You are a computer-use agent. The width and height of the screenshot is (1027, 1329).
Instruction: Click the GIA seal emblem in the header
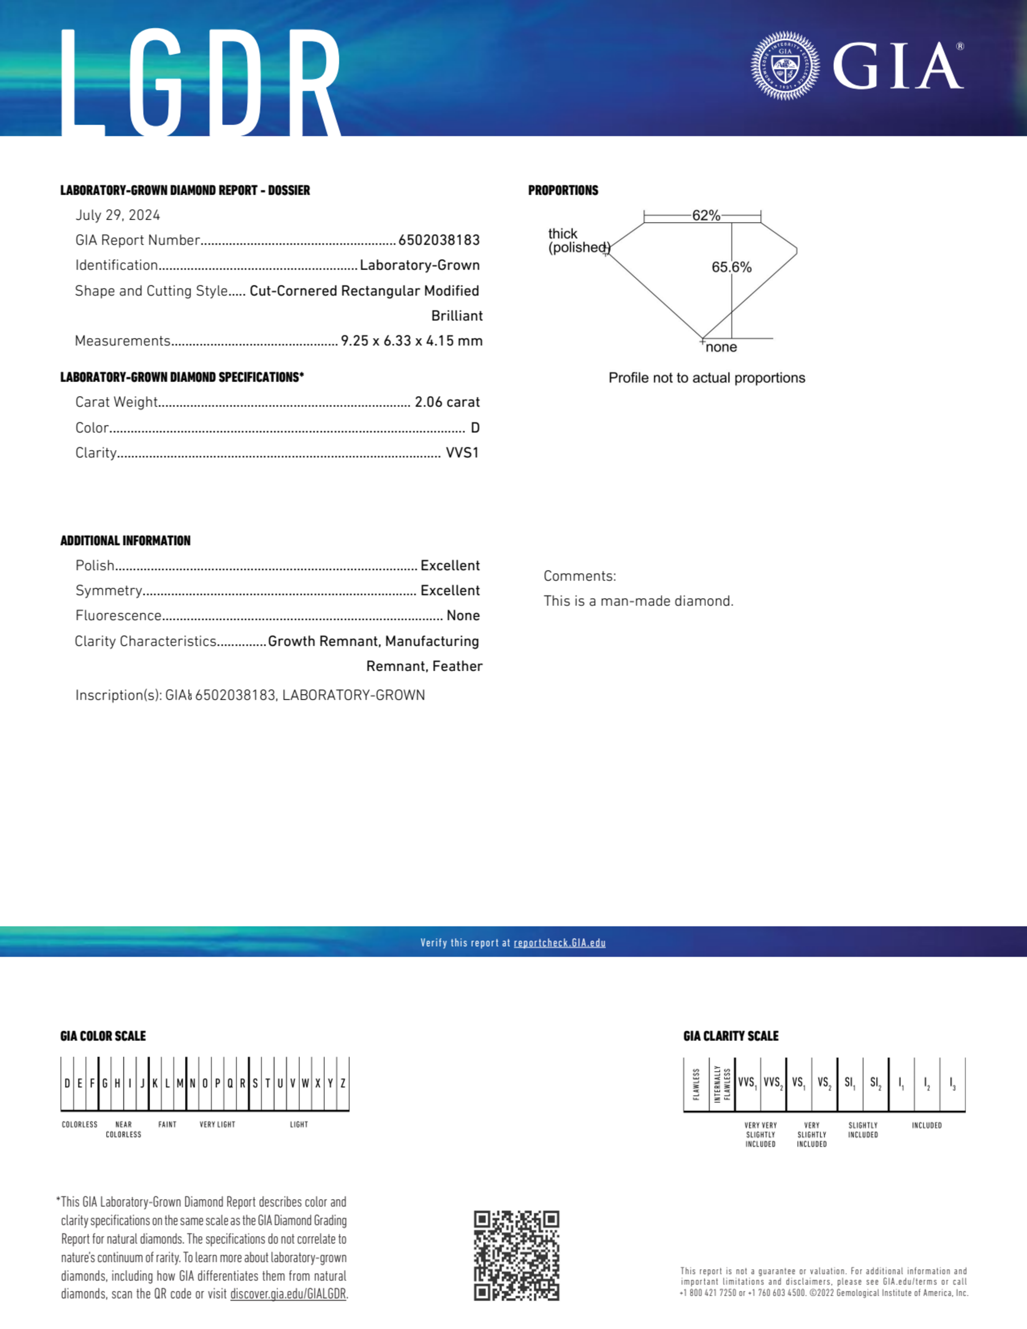tap(785, 66)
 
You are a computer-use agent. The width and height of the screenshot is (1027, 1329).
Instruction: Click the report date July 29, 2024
tap(118, 216)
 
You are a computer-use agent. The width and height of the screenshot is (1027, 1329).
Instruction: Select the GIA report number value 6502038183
tap(439, 240)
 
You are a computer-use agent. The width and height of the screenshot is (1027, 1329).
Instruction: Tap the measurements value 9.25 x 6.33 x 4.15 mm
tap(412, 341)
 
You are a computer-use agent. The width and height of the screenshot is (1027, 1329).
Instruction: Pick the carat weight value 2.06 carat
tap(447, 402)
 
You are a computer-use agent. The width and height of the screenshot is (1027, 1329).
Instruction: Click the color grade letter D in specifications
tap(475, 428)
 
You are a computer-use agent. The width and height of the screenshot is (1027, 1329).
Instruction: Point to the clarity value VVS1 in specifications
tap(462, 453)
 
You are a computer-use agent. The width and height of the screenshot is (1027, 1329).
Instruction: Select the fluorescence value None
tap(462, 616)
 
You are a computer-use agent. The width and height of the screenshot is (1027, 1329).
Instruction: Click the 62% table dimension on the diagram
tap(706, 216)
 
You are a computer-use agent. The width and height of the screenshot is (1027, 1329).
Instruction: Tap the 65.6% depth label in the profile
tap(731, 267)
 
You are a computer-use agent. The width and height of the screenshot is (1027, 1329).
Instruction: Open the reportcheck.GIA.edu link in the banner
tap(559, 943)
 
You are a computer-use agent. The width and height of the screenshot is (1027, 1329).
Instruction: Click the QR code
tap(516, 1256)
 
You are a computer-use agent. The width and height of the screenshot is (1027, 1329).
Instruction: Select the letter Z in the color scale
tap(343, 1084)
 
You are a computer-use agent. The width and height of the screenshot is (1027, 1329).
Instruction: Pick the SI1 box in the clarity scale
tap(850, 1083)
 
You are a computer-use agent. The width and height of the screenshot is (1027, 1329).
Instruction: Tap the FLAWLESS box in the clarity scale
tap(696, 1084)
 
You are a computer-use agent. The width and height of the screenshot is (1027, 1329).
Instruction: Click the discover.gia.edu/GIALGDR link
tap(288, 1294)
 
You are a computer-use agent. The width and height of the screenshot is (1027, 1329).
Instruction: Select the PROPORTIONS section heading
tap(563, 190)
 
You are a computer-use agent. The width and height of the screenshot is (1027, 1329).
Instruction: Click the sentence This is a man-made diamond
tap(638, 601)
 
